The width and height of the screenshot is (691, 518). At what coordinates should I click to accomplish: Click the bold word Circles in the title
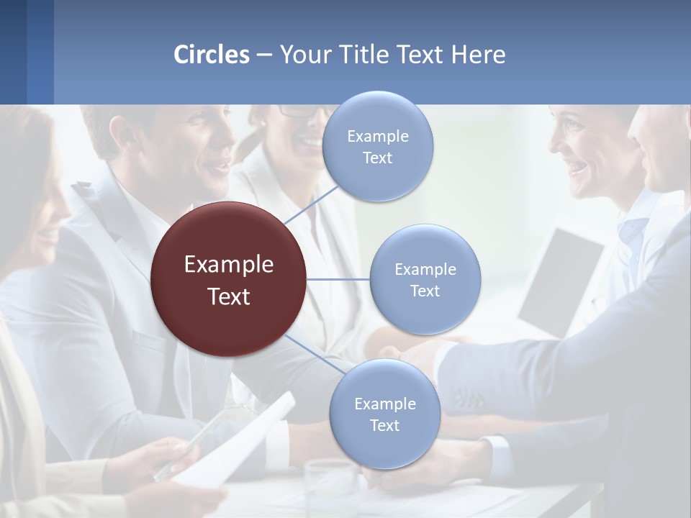coord(212,55)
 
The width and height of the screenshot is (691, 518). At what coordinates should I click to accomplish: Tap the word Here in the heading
coord(478,55)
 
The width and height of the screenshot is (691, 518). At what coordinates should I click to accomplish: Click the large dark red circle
coord(229,279)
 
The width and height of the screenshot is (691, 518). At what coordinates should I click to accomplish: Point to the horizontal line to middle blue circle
coord(338,279)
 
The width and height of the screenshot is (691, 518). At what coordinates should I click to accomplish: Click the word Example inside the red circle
coord(229,265)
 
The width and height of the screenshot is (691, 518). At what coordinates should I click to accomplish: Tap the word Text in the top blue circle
coord(377,158)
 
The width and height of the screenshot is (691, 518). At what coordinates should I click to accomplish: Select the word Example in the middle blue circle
coord(425,270)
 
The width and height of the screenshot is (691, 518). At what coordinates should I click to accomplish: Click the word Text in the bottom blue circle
coord(384,425)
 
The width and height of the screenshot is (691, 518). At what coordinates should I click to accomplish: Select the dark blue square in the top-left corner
coord(13,52)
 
